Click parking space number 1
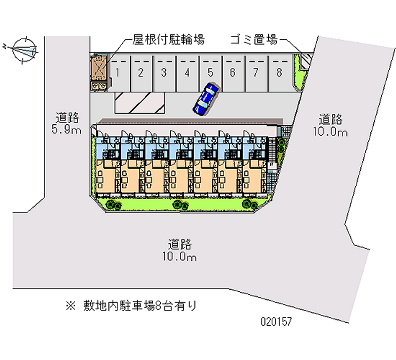(x=117, y=73)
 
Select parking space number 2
(x=141, y=73)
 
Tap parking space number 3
(x=163, y=73)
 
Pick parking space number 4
(x=187, y=73)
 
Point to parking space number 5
(x=210, y=73)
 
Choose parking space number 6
(x=232, y=73)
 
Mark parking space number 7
(x=255, y=73)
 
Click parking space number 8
(x=279, y=73)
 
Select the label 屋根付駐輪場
(x=168, y=40)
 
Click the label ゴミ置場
(x=253, y=40)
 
